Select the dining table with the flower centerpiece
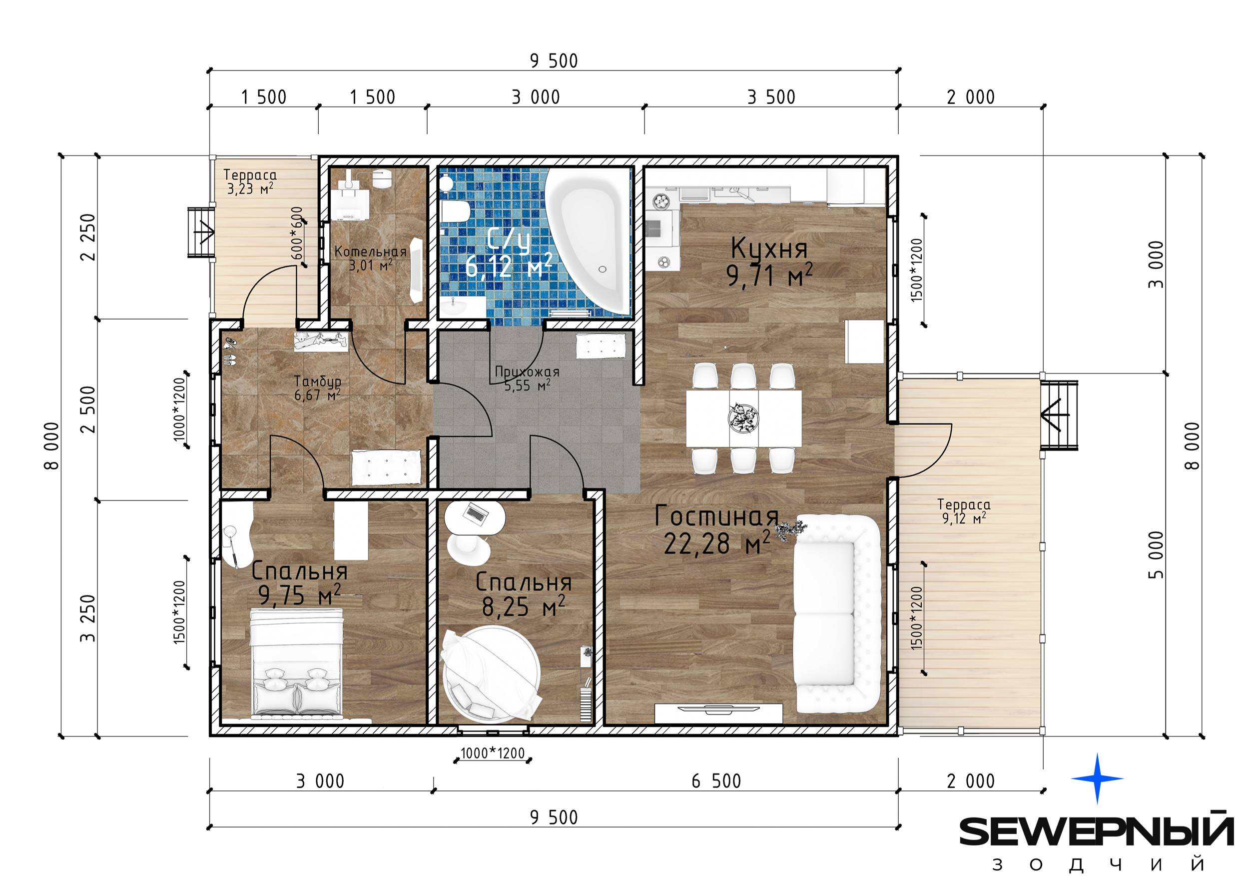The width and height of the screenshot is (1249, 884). click(x=743, y=418)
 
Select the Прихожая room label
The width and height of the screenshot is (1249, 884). click(x=527, y=372)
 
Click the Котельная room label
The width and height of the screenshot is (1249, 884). click(x=371, y=251)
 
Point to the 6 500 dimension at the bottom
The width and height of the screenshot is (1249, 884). click(x=716, y=781)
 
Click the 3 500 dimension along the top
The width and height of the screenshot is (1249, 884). click(x=771, y=97)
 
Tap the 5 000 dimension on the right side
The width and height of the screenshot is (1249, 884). click(x=1157, y=554)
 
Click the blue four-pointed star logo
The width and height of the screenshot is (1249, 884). click(x=1097, y=778)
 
